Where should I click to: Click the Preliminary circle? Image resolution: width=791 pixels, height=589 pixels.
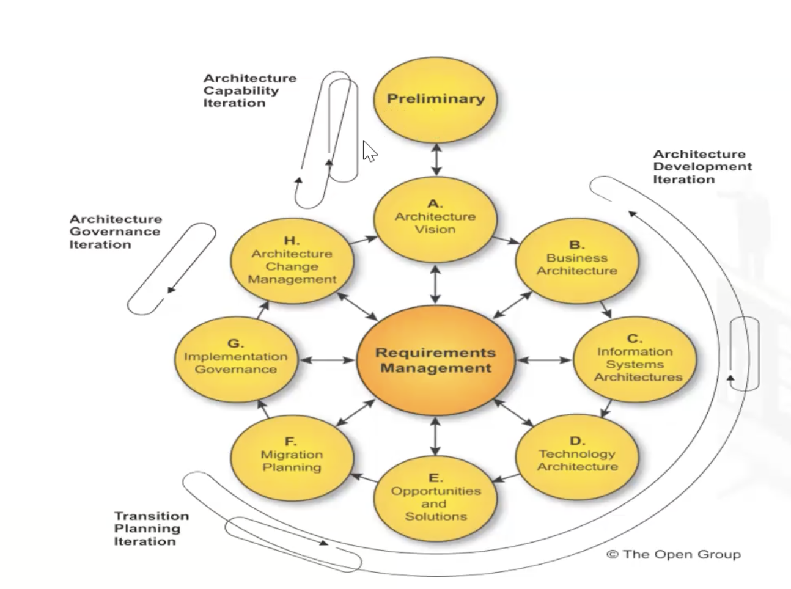(435, 100)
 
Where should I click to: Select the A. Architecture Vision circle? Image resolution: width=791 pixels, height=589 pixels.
(435, 221)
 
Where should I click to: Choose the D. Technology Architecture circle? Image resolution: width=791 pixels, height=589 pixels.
(577, 457)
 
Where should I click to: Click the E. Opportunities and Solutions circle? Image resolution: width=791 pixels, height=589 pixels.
(435, 499)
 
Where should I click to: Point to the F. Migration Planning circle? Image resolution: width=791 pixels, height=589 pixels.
(292, 457)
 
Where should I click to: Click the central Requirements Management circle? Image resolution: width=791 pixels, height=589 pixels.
(435, 360)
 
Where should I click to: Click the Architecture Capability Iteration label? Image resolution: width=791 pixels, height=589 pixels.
(249, 90)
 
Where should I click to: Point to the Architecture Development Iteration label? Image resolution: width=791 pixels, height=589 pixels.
(702, 167)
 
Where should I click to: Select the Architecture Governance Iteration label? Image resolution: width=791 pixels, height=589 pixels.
(115, 232)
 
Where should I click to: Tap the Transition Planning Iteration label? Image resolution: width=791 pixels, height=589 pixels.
(151, 529)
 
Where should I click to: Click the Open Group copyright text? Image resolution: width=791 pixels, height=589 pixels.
(673, 554)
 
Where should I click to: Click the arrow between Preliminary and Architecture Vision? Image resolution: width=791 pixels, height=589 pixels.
(435, 159)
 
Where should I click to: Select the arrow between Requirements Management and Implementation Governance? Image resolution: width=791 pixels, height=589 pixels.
(328, 360)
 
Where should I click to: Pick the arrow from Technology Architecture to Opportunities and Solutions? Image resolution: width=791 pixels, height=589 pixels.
(507, 477)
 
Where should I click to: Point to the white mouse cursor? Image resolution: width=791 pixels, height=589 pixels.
(369, 150)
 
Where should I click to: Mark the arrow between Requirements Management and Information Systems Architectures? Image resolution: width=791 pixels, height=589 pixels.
(544, 360)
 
